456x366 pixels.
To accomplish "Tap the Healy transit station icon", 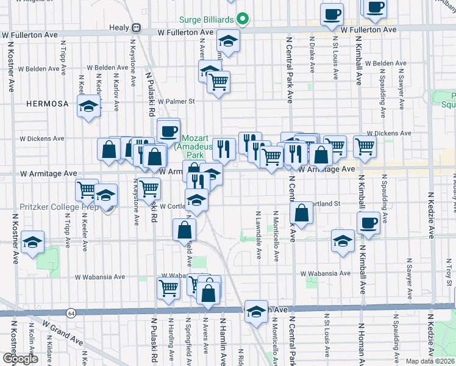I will (137, 28).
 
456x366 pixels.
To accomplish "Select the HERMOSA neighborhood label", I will (48, 104).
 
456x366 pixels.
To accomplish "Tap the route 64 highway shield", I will (72, 313).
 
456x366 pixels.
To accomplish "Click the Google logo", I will (20, 359).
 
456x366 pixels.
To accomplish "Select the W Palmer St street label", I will (176, 101).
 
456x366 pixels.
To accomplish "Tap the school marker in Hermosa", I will (88, 107).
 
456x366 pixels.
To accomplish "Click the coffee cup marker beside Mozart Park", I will (168, 129).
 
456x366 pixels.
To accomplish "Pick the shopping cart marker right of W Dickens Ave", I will (365, 145).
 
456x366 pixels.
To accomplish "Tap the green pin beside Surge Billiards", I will (243, 19).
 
